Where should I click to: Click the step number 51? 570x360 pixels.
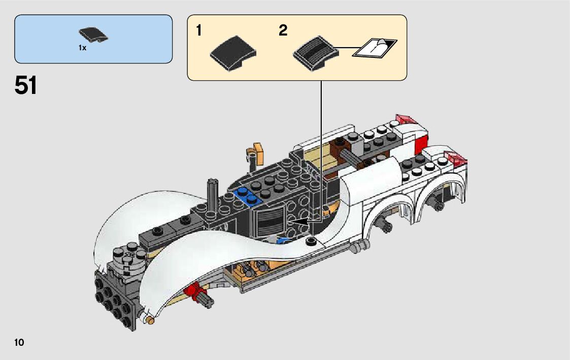click(26, 85)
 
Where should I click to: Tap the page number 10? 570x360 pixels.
click(19, 342)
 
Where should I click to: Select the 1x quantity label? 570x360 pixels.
click(82, 48)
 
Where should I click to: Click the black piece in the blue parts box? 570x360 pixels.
click(93, 36)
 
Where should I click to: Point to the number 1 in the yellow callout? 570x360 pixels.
click(199, 31)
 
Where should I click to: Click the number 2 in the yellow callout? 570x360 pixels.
click(283, 31)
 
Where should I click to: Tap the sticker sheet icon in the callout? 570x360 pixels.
click(376, 48)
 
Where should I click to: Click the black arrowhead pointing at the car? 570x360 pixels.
click(301, 221)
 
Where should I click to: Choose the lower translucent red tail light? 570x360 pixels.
click(455, 158)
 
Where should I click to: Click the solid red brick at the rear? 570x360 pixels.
click(421, 145)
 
